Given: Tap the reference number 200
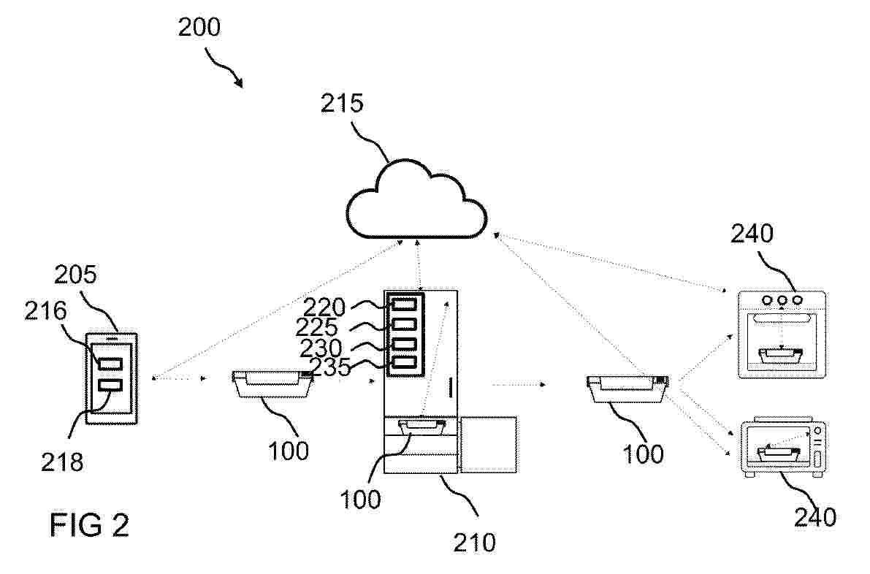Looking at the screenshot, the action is tap(199, 26).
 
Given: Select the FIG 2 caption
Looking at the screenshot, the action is tap(89, 524).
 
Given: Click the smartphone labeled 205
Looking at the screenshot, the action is tap(111, 379).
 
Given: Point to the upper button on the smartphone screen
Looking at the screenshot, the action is tap(110, 364).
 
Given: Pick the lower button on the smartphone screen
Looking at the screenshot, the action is tap(110, 385).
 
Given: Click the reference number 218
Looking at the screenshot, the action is tap(62, 462).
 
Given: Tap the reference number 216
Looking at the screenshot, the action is tap(45, 311).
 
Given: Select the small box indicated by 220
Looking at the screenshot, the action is tap(404, 304).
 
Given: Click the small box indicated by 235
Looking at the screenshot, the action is tap(404, 363).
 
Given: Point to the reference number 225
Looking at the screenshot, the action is tap(316, 327).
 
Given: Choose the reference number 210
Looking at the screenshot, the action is tap(474, 543).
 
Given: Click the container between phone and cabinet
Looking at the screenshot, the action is tap(272, 384).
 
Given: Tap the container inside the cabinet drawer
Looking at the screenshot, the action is tap(421, 428).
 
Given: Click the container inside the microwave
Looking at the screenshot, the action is tap(779, 454).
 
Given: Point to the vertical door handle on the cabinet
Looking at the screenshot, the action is tap(451, 388).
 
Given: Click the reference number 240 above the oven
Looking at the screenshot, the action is tap(752, 234).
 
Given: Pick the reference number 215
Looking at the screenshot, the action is tap(342, 103).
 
